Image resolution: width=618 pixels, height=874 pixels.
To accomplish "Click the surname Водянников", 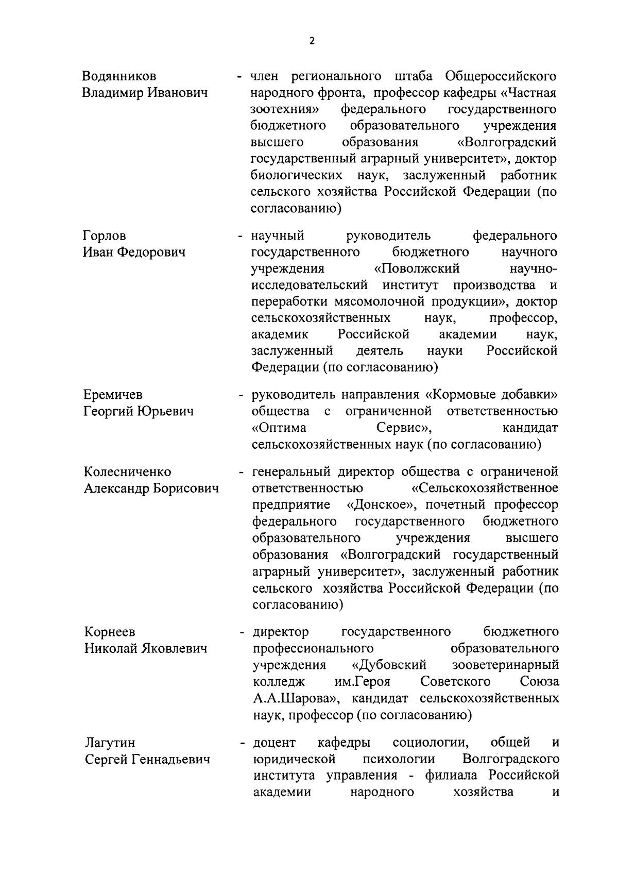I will click(x=119, y=76).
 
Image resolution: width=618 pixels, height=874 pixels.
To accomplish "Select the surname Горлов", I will click(x=104, y=236).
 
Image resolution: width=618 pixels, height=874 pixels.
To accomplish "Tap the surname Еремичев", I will click(x=113, y=395).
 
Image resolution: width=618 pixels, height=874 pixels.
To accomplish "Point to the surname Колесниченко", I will click(x=127, y=472).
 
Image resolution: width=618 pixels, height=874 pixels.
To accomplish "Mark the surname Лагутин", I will click(x=110, y=743).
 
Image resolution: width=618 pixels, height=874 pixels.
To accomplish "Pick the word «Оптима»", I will click(x=279, y=428).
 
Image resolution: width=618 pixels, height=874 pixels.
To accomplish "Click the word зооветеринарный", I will click(x=505, y=665).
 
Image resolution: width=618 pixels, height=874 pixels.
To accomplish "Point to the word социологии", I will click(x=431, y=743).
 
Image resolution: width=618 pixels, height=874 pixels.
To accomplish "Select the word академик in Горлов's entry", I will click(x=280, y=334).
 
